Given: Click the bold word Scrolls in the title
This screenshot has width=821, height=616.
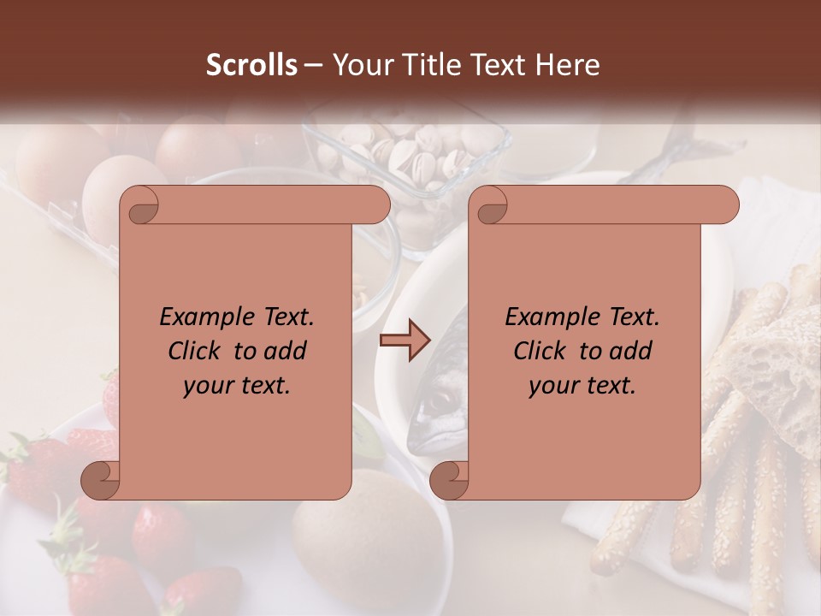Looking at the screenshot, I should click(251, 65).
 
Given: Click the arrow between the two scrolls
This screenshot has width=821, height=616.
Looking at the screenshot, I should click(404, 341).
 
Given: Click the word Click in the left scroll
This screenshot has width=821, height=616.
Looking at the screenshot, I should click(195, 351).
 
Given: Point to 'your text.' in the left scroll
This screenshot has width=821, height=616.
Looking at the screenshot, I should click(237, 385).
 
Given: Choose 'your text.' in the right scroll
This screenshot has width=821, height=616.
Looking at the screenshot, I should click(582, 385).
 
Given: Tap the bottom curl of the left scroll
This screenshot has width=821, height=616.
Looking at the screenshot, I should click(99, 479).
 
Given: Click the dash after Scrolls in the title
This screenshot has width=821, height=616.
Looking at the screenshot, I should click(314, 65).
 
